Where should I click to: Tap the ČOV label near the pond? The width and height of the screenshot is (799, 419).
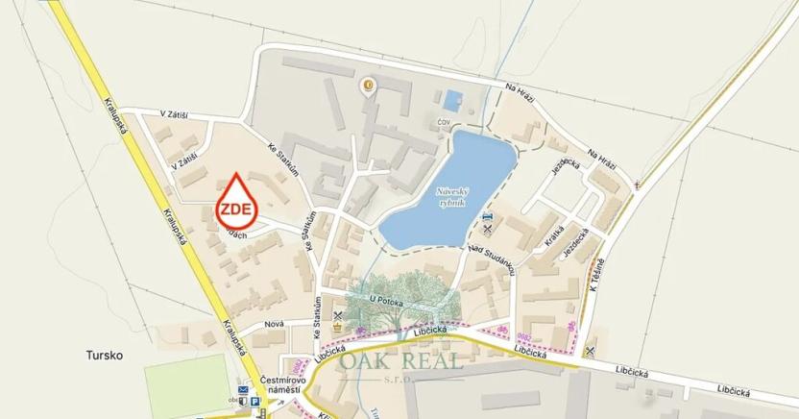(444, 122)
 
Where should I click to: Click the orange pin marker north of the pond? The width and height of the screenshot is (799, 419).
(367, 87)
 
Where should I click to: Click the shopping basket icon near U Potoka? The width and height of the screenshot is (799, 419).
(336, 327)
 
